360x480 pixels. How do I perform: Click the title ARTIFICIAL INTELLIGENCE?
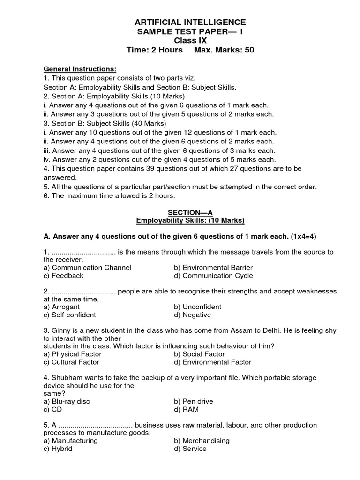pyautogui.click(x=190, y=22)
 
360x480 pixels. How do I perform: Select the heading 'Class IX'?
pyautogui.click(x=190, y=41)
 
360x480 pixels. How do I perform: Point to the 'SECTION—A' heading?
pyautogui.click(x=190, y=212)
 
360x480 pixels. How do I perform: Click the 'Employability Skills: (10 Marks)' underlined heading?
pyautogui.click(x=190, y=220)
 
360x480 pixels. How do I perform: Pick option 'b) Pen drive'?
pyautogui.click(x=194, y=402)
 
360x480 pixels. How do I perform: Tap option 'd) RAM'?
pyautogui.click(x=186, y=410)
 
